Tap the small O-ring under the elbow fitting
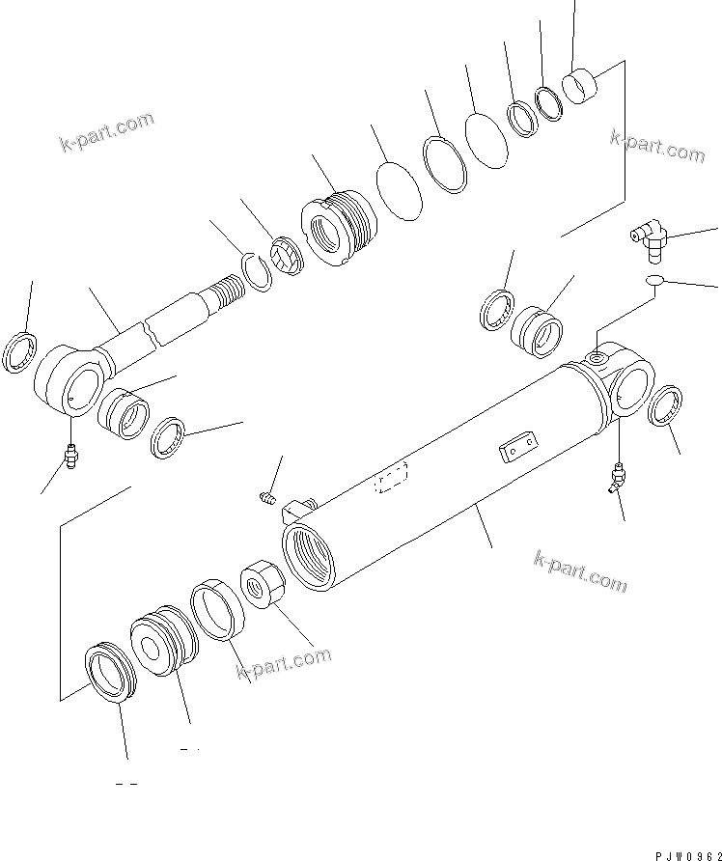(x=655, y=281)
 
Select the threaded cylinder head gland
(x=339, y=232)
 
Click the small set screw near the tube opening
(x=269, y=498)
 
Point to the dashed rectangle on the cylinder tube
(x=391, y=479)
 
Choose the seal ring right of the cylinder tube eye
(x=667, y=404)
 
